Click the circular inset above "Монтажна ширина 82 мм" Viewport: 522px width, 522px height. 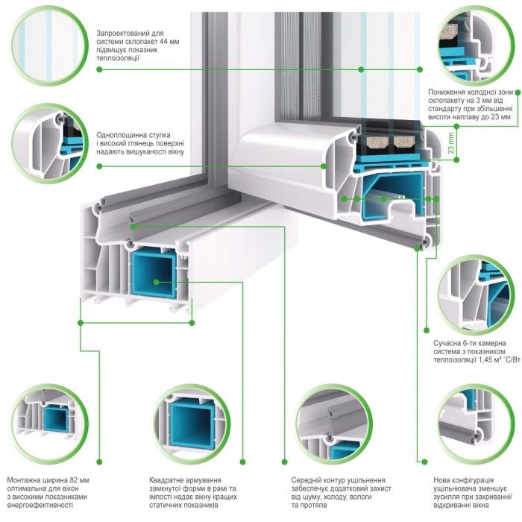point(45,418)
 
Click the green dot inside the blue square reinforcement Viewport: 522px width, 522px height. point(157,283)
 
